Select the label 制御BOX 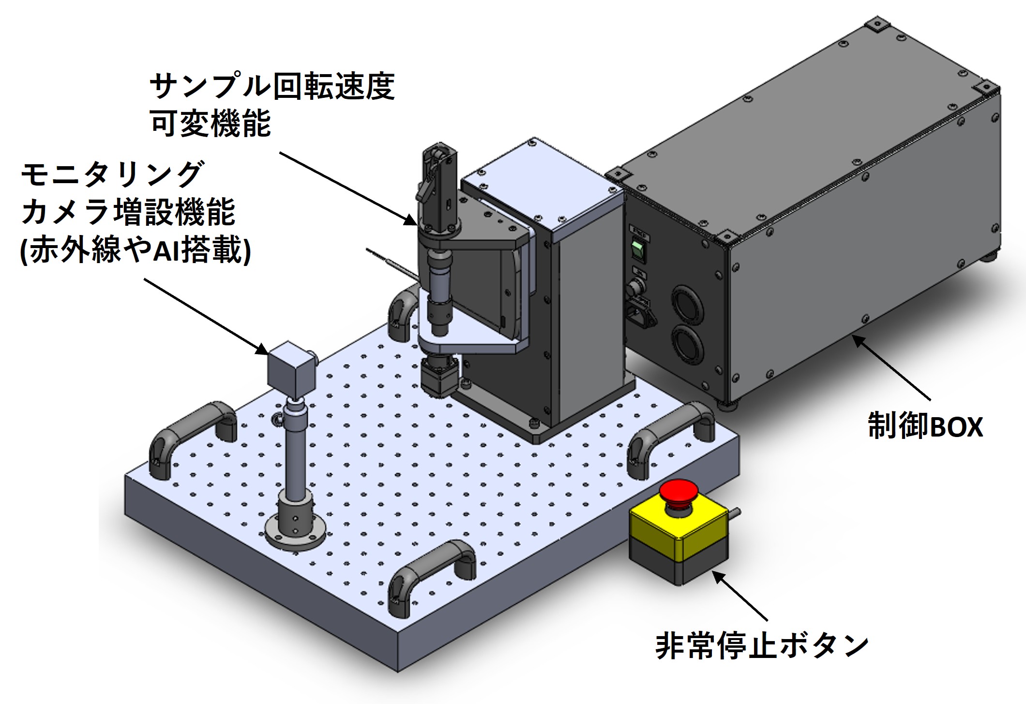coord(925,426)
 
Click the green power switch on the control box coord(637,250)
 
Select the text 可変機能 coord(211,123)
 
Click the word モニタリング coord(111,174)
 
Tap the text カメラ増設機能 coord(129,212)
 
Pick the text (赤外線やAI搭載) coord(136,250)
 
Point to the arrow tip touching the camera coord(264,350)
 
